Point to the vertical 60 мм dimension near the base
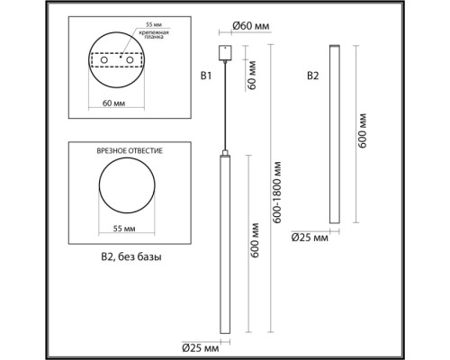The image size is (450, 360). click(x=251, y=85)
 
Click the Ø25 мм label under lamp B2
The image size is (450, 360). click(x=310, y=238)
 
